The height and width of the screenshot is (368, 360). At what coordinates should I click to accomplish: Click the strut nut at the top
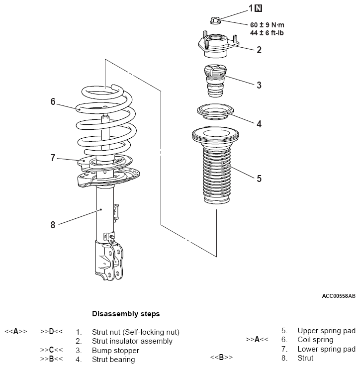pyautogui.click(x=215, y=20)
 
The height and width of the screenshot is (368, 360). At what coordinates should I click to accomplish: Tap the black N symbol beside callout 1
pyautogui.click(x=259, y=8)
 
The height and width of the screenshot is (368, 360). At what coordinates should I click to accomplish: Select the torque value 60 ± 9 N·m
pyautogui.click(x=267, y=25)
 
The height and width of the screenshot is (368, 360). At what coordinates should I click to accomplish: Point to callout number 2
pyautogui.click(x=259, y=50)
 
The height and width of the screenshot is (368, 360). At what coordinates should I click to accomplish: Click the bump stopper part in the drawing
pyautogui.click(x=214, y=81)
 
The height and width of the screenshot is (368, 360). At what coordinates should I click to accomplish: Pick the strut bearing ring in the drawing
pyautogui.click(x=215, y=112)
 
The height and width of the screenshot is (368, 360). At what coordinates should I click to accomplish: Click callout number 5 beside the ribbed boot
pyautogui.click(x=259, y=179)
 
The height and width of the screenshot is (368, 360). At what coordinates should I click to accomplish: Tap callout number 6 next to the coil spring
pyautogui.click(x=53, y=101)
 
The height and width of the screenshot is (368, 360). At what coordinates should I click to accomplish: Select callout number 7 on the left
pyautogui.click(x=53, y=158)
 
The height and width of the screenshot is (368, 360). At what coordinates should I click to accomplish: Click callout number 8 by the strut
pyautogui.click(x=53, y=225)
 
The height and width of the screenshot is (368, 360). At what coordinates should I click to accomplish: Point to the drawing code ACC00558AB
pyautogui.click(x=339, y=296)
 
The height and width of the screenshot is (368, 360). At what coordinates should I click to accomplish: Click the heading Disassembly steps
pyautogui.click(x=126, y=314)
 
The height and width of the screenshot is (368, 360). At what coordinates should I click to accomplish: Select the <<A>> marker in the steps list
pyautogui.click(x=16, y=332)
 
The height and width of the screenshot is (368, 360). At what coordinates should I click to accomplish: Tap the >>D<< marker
pyautogui.click(x=51, y=332)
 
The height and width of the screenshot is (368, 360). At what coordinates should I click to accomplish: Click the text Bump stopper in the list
pyautogui.click(x=115, y=351)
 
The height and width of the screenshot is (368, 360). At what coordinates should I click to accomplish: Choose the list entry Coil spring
pyautogui.click(x=315, y=340)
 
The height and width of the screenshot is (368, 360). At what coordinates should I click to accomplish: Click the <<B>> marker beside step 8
pyautogui.click(x=221, y=357)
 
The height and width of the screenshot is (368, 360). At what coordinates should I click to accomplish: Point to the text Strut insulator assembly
pyautogui.click(x=132, y=341)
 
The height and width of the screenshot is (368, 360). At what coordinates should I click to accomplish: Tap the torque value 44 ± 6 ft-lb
pyautogui.click(x=267, y=33)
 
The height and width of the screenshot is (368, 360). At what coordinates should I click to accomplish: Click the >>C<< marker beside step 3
pyautogui.click(x=51, y=350)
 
